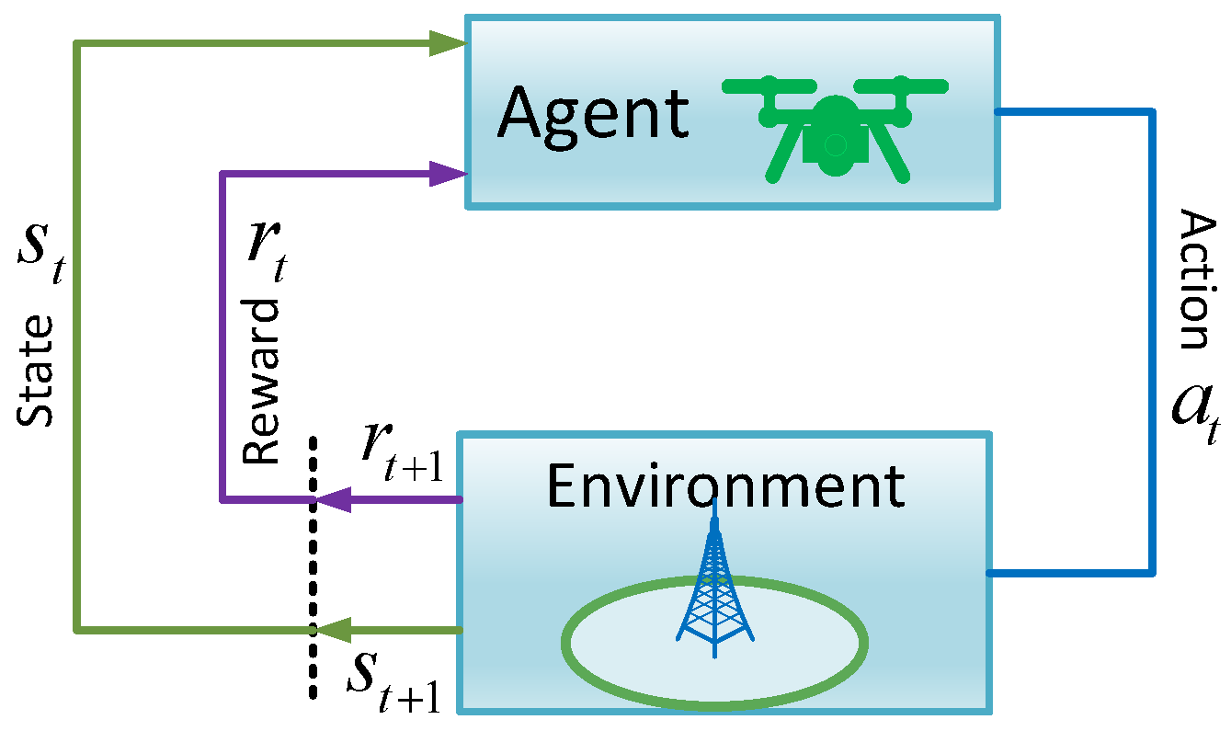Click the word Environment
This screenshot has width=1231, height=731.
pos(725,485)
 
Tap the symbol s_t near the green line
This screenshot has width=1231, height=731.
pos(41,257)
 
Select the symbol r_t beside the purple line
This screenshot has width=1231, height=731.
pos(268,252)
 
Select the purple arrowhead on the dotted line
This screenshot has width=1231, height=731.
pos(331,500)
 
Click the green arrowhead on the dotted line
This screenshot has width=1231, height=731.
pos(331,630)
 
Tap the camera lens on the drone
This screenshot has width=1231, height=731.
pos(835,144)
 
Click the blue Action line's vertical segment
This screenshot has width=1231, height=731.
pos(1152,340)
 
